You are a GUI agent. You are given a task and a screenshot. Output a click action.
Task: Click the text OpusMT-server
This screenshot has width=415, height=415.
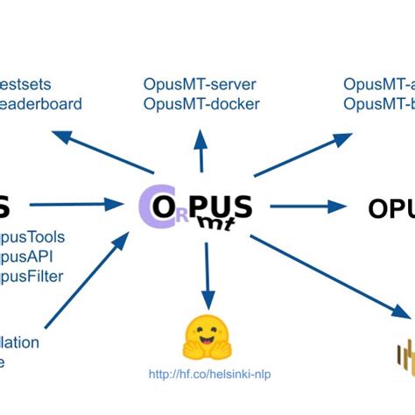[x=201, y=85]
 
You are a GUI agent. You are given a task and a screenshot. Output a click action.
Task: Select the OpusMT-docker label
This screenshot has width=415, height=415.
[x=201, y=104]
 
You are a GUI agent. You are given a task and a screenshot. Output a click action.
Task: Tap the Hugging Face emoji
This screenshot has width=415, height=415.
[x=207, y=340]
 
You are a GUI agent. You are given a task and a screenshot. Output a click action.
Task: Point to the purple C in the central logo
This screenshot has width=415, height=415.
[x=147, y=207]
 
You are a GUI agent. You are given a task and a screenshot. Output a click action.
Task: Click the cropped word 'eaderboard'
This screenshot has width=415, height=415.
[x=41, y=104]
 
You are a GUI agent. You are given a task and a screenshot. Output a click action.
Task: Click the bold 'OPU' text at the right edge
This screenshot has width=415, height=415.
[x=390, y=209]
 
